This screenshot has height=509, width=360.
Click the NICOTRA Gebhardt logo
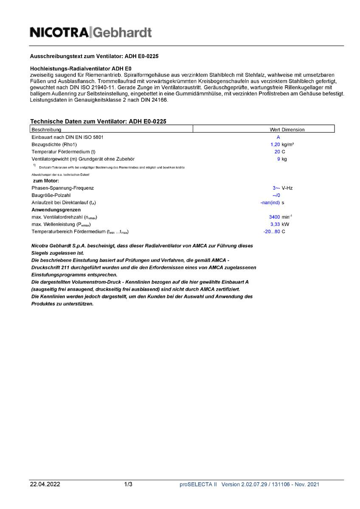click(x=91, y=32)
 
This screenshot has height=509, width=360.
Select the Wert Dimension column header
click(x=287, y=129)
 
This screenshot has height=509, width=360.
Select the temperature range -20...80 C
click(x=274, y=232)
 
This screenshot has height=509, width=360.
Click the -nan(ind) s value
click(x=272, y=202)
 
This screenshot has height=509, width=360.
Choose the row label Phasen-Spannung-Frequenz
click(x=63, y=187)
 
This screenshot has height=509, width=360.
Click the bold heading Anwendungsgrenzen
click(x=56, y=210)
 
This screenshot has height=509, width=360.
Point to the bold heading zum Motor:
click(x=46, y=181)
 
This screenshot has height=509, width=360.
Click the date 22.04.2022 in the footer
click(x=45, y=484)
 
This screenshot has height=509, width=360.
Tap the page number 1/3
click(x=128, y=484)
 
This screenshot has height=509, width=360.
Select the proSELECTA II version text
click(x=249, y=484)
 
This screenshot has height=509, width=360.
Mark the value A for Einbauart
click(x=278, y=137)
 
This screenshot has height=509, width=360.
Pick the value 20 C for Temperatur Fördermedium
click(x=279, y=152)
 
